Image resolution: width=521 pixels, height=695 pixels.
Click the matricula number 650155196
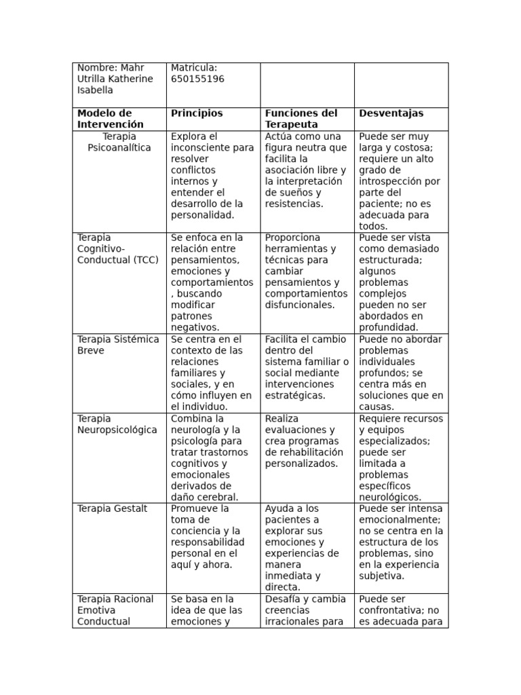click(x=197, y=79)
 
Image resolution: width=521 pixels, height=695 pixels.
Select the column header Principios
click(x=197, y=113)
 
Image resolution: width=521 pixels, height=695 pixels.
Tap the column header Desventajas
click(x=391, y=113)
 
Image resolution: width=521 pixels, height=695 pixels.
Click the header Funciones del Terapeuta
click(x=301, y=119)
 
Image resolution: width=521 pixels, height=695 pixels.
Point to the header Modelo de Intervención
click(x=111, y=119)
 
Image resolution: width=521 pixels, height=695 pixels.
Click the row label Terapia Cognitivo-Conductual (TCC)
click(x=113, y=248)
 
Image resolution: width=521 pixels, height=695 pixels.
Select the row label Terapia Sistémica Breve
click(x=118, y=345)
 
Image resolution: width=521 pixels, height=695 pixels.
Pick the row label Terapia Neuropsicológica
click(x=117, y=424)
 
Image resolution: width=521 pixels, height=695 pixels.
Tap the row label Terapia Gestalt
click(x=112, y=508)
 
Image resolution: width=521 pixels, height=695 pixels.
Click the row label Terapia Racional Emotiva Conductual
click(x=115, y=610)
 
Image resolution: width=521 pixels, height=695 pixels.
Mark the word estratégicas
click(x=294, y=395)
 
